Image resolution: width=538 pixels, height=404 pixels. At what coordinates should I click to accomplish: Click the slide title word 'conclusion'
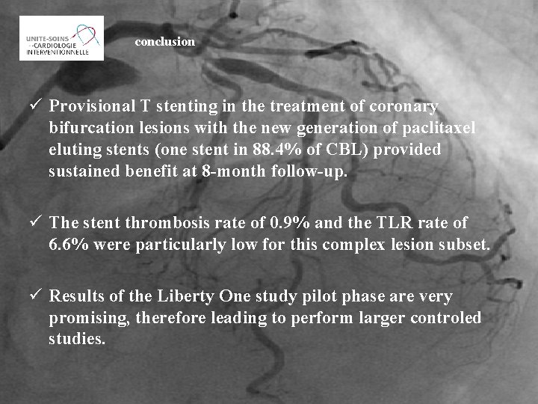164,43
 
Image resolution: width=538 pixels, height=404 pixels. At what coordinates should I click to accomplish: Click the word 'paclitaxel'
434,128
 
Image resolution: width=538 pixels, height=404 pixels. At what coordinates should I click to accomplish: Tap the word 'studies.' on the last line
77,340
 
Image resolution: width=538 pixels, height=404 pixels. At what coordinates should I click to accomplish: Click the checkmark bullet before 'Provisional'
36,107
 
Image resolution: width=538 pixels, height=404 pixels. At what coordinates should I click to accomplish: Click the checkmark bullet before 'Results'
36,297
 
